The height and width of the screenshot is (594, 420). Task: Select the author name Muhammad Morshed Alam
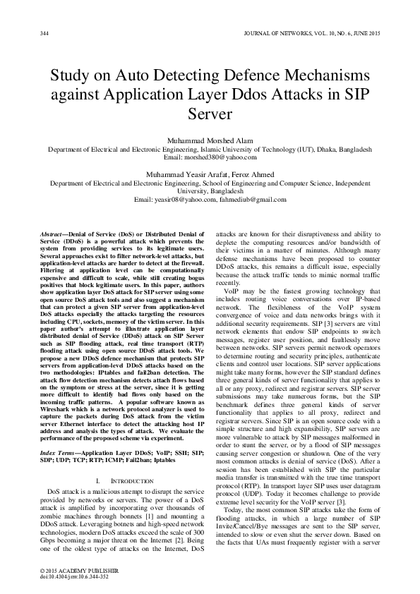click(x=210, y=139)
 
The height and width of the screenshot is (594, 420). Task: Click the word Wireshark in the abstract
click(x=58, y=368)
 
